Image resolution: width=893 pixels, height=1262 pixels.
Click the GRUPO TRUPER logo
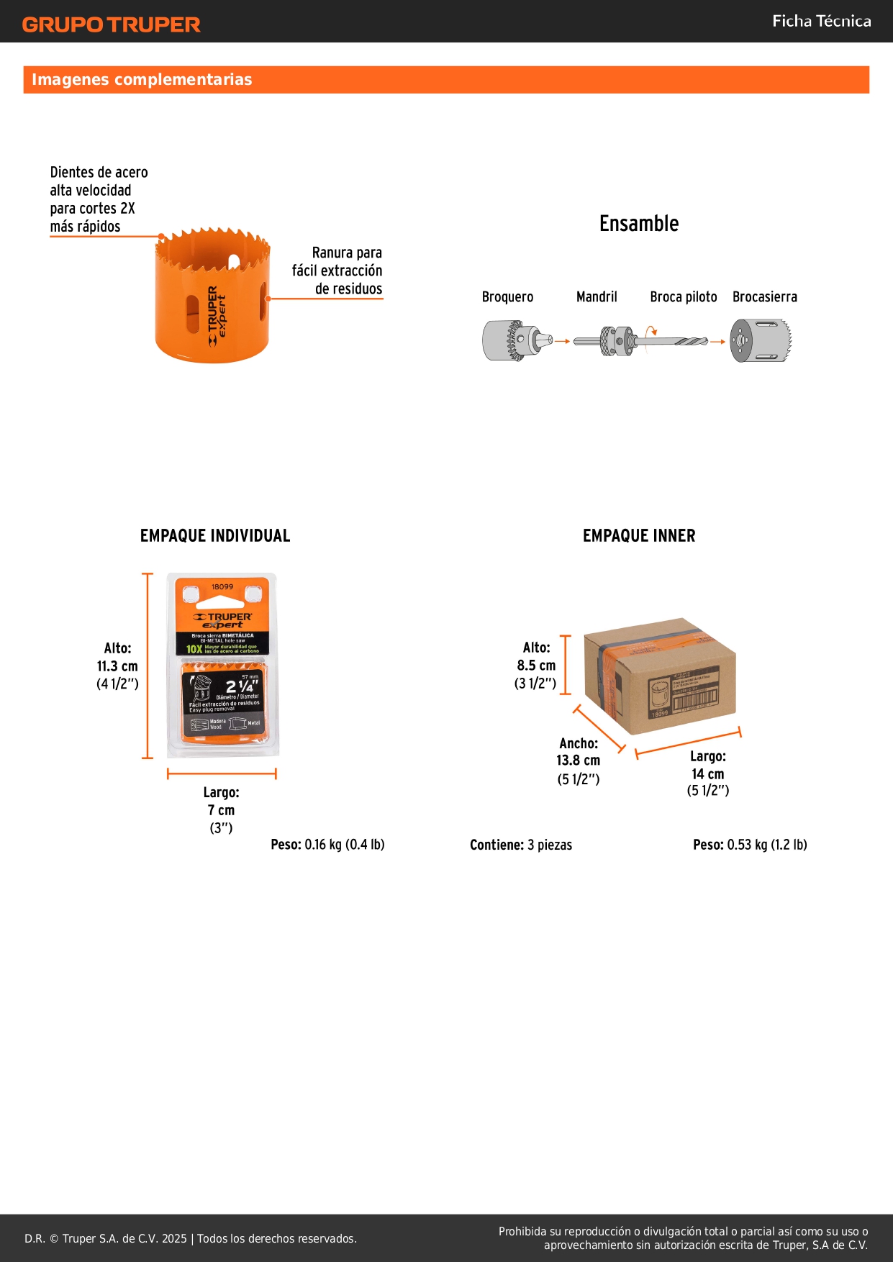[x=111, y=24]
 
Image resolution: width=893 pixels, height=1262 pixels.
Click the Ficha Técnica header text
[x=821, y=21]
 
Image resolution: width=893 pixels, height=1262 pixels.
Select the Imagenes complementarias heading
[x=142, y=79]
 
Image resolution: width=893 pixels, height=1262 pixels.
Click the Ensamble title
[x=639, y=224]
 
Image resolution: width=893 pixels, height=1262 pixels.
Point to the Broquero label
[x=507, y=297]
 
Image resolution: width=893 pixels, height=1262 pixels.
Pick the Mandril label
[x=597, y=297]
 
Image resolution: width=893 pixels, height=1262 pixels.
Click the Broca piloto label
[x=683, y=297]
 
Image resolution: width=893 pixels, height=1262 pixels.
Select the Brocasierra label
[x=764, y=297]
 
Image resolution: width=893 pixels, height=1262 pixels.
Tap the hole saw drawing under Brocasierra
[x=760, y=340]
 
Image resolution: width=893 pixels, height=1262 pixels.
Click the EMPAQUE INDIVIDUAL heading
[x=215, y=536]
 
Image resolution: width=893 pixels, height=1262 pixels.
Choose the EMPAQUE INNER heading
[x=639, y=536]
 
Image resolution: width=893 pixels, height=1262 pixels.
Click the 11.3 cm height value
[x=117, y=666]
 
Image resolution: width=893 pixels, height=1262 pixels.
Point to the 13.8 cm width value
[x=578, y=761]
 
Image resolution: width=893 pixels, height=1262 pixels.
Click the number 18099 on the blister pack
[x=222, y=587]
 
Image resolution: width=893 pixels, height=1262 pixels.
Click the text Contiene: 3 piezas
[x=521, y=845]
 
